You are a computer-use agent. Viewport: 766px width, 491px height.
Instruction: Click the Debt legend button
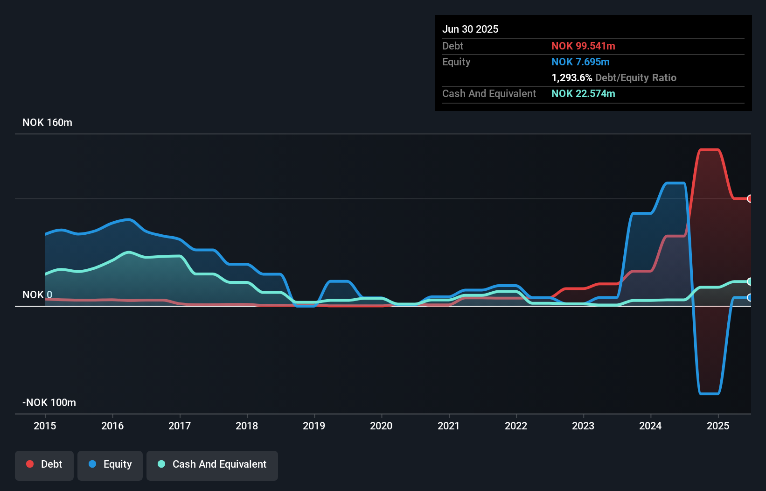44,465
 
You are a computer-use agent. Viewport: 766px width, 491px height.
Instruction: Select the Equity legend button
110,465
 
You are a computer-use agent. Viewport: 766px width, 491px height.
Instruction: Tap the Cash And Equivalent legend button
212,465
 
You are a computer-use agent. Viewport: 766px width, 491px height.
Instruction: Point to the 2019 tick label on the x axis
314,426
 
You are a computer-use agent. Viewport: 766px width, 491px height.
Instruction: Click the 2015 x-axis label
45,426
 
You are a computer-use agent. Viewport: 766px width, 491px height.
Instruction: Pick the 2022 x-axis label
516,426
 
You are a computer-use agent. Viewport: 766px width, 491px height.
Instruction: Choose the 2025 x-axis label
717,426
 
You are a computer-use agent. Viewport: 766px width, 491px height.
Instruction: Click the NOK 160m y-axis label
47,123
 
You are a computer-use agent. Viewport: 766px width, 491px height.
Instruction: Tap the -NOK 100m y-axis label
49,403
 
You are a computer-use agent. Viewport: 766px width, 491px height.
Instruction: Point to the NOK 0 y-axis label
37,295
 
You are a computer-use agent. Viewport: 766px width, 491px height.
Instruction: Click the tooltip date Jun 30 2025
470,29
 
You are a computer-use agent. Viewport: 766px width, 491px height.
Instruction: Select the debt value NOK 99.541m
583,46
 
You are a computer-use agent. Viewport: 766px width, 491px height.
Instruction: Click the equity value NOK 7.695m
580,62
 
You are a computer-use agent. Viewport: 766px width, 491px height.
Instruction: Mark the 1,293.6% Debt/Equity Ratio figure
613,78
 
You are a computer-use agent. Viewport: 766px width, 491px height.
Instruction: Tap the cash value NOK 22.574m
583,94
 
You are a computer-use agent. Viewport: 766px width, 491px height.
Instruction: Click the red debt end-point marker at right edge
750,199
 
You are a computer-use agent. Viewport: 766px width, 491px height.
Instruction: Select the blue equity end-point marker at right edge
750,298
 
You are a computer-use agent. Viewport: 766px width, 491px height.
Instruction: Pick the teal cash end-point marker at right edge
750,281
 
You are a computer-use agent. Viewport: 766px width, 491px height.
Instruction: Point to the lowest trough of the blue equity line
709,393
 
